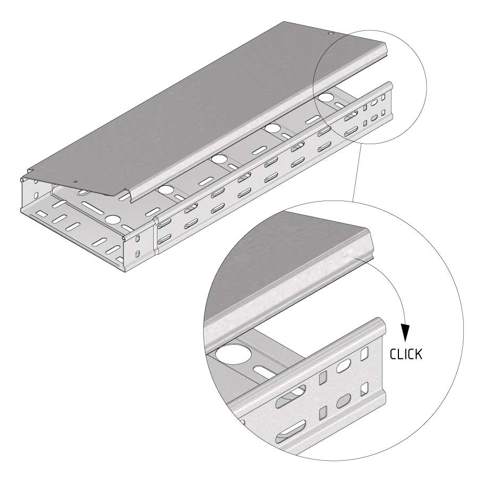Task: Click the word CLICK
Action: tap(406, 354)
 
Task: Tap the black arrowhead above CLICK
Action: tap(405, 332)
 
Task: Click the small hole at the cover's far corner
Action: tap(331, 32)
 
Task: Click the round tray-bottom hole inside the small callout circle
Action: tap(326, 98)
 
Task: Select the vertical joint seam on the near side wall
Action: tap(155, 235)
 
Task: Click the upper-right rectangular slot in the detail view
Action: tap(365, 354)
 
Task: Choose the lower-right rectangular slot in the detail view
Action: tap(364, 389)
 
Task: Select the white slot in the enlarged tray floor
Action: tap(265, 372)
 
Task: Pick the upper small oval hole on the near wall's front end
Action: tap(138, 238)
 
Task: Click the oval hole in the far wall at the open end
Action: tap(36, 196)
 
